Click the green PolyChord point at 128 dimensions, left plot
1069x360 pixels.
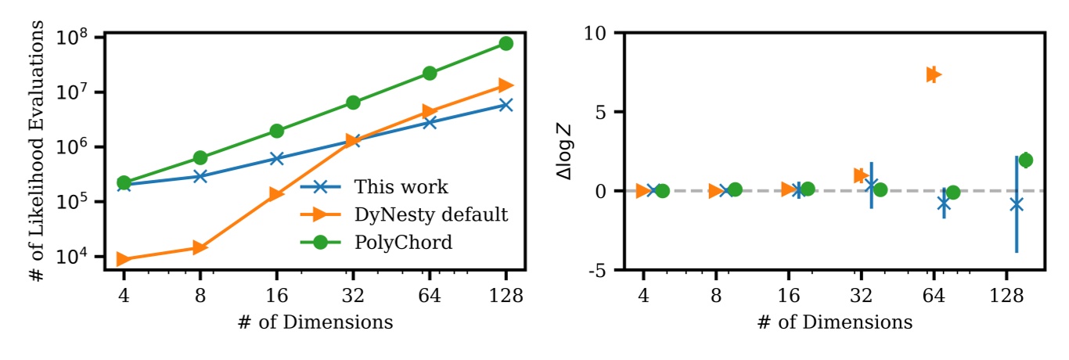tap(506, 44)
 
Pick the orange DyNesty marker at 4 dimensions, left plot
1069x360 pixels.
tap(124, 259)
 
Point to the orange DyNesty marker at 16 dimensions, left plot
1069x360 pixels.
tap(276, 194)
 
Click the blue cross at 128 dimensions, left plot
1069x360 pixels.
tap(506, 105)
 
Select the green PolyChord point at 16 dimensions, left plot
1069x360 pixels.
tap(276, 131)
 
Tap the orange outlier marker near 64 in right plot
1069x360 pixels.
tap(932, 74)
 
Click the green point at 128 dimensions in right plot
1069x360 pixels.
tap(1026, 160)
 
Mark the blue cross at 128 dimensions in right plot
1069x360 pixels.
tap(1017, 204)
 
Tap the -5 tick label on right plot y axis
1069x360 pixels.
tap(604, 270)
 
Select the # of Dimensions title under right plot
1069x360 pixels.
tap(835, 322)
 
